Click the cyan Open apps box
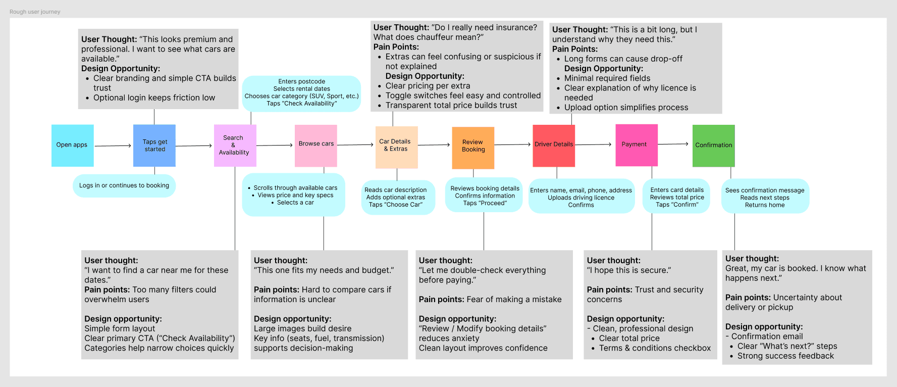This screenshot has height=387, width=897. click(72, 146)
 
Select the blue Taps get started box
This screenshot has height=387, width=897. click(154, 146)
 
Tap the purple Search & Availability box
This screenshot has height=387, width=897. click(235, 146)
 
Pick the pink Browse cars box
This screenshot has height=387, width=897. click(316, 146)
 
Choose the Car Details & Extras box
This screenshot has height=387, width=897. click(396, 147)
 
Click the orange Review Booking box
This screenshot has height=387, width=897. click(473, 148)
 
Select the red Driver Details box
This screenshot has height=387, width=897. click(554, 146)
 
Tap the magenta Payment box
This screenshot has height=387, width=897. click(637, 145)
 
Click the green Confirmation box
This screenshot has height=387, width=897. click(713, 146)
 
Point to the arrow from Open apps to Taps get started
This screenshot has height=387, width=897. click(113, 146)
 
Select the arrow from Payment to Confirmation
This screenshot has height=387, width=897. click(673, 144)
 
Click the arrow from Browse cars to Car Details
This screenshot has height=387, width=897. click(355, 145)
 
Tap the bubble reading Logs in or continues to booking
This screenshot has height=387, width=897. click(124, 185)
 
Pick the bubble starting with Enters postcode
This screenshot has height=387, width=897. click(301, 93)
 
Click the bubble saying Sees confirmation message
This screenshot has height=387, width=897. click(765, 197)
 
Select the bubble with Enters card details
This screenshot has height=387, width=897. click(676, 197)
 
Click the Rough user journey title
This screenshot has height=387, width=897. click(35, 12)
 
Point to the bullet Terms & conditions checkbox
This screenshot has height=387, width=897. click(655, 348)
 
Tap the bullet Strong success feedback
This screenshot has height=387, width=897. click(785, 356)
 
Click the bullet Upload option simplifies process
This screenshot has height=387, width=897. click(626, 108)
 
